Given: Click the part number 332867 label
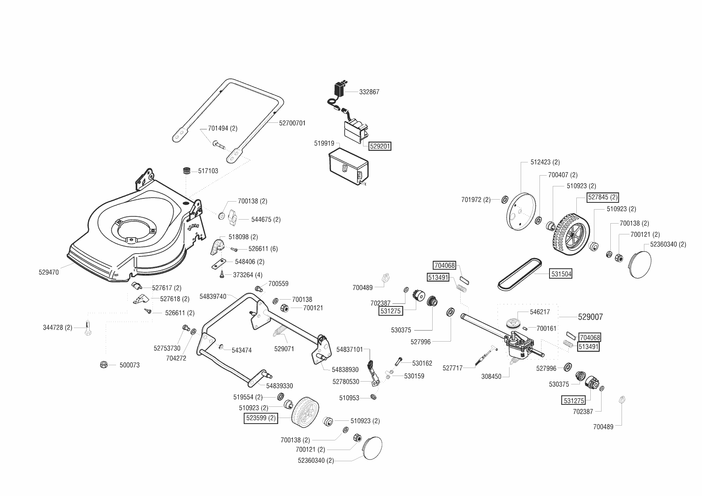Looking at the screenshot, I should point(369,92).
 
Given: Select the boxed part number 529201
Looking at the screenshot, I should point(380,146).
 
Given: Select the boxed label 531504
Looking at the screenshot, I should point(561,274).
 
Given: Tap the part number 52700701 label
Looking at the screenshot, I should point(292,123).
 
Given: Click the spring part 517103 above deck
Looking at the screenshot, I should point(186,171).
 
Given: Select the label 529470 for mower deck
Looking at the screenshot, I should point(49,272).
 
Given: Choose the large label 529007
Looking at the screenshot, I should point(590,317).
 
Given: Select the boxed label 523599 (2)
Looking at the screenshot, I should point(261,418).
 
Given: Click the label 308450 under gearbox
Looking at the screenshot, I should point(491,377).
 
